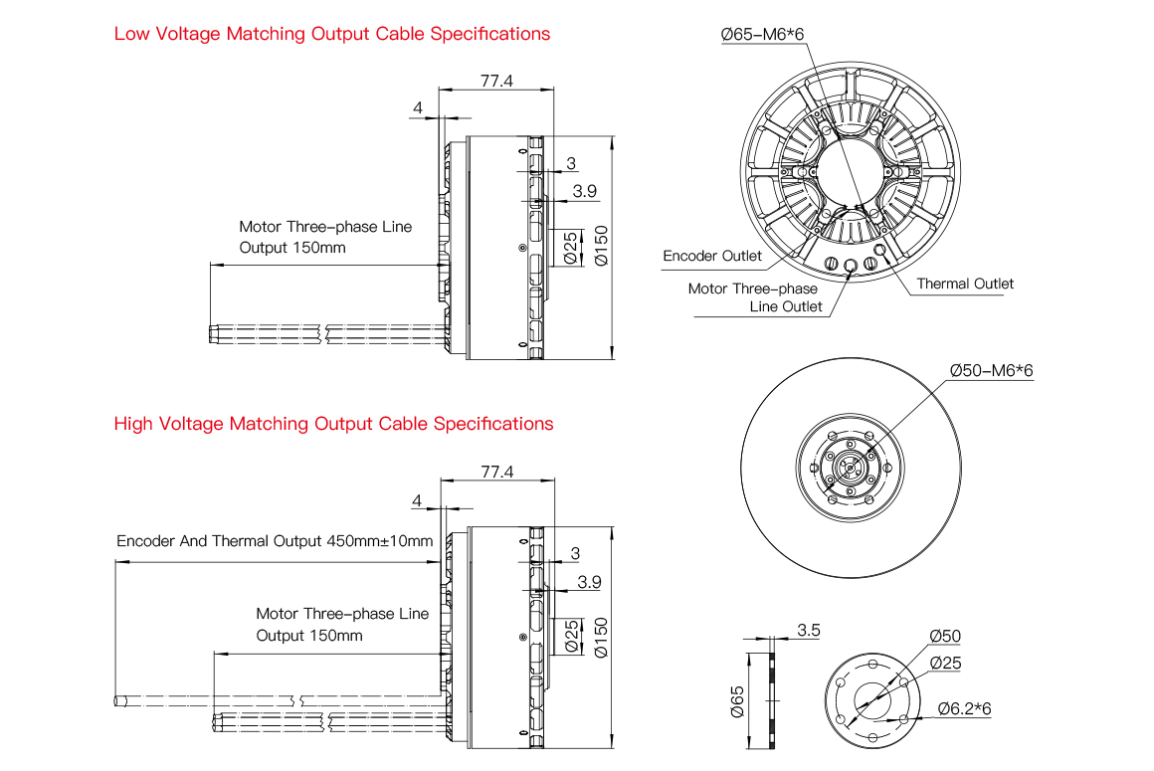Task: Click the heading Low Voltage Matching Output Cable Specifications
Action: click(x=331, y=34)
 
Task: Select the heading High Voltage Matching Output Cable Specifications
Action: click(x=333, y=424)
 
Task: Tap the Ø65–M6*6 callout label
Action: click(x=762, y=35)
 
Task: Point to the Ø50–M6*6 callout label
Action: click(x=991, y=370)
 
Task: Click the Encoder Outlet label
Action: click(x=712, y=257)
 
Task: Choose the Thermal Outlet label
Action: click(x=965, y=284)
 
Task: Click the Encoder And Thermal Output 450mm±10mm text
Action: click(x=275, y=541)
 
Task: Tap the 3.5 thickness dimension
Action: click(x=809, y=630)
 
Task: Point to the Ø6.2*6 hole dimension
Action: click(x=966, y=708)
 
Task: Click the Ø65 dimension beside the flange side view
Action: click(x=737, y=700)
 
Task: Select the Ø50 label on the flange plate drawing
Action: click(x=945, y=637)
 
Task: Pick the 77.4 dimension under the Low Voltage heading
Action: click(x=495, y=82)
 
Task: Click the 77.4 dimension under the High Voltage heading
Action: click(x=495, y=472)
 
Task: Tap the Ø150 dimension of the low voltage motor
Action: click(x=599, y=246)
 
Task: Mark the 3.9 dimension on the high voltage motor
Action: click(x=589, y=582)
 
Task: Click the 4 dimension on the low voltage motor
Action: click(x=418, y=107)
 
